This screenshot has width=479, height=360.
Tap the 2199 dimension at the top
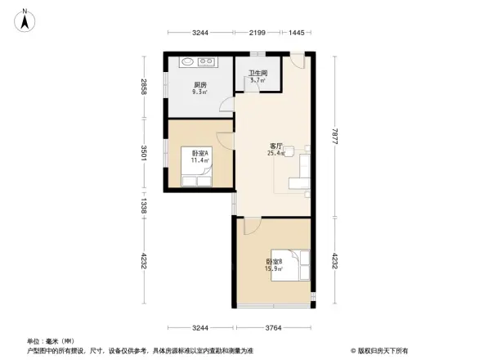257,32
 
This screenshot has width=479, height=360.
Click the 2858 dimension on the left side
144,87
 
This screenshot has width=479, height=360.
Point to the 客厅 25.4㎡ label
276,149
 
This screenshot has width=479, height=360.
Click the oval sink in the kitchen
187,61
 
